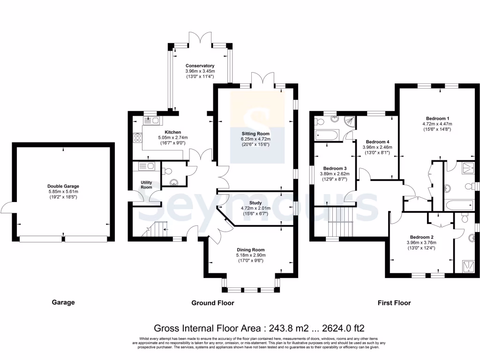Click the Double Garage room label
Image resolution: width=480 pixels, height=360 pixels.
pyautogui.click(x=63, y=186)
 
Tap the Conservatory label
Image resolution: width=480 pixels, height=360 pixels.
pyautogui.click(x=200, y=66)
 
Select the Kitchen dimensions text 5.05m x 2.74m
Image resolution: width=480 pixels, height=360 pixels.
pyautogui.click(x=172, y=137)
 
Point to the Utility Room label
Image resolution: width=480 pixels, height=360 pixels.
pyautogui.click(x=146, y=185)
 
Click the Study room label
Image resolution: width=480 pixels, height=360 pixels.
pyautogui.click(x=255, y=202)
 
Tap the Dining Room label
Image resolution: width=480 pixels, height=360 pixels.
pyautogui.click(x=251, y=250)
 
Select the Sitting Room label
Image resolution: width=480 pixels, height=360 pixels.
pyautogui.click(x=255, y=134)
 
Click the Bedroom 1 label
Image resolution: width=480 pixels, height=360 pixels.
pyautogui.click(x=437, y=119)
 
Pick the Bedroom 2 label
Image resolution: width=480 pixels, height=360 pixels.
pyautogui.click(x=421, y=237)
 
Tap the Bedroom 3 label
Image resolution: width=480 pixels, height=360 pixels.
pyautogui.click(x=335, y=168)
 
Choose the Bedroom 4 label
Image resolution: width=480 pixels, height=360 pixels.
pyautogui.click(x=377, y=142)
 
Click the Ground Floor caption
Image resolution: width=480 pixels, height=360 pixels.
pyautogui.click(x=213, y=303)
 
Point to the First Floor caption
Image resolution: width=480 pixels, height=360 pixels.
pyautogui.click(x=394, y=303)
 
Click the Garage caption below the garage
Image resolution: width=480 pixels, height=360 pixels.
pyautogui.click(x=63, y=302)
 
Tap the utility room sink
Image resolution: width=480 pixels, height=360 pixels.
pyautogui.click(x=146, y=166)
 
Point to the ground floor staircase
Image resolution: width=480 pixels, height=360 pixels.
pyautogui.click(x=155, y=229)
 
